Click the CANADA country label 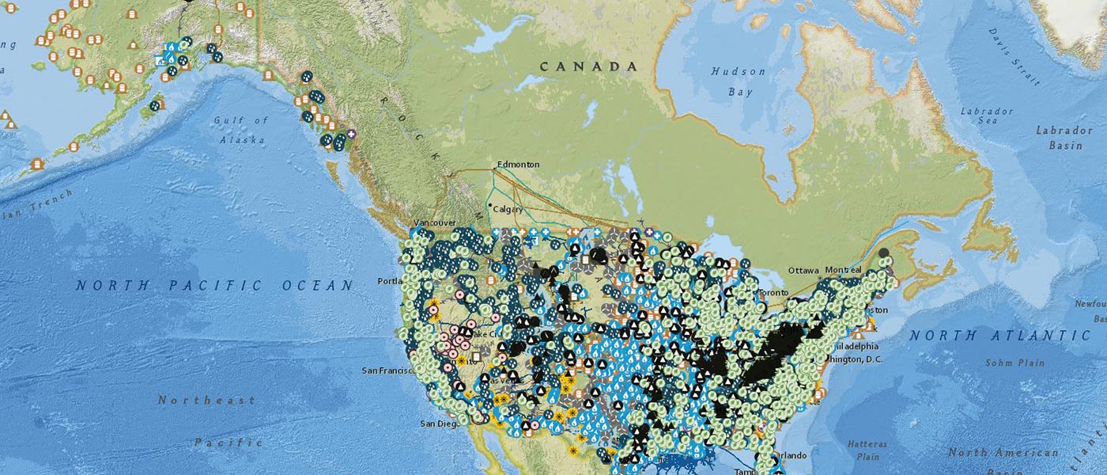coord(588,66)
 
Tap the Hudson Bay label coord(738,82)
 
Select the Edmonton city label coord(519,165)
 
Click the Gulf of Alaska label coord(241,130)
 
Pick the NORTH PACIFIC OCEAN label coord(214,286)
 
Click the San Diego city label coord(439,423)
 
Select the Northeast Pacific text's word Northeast coord(206,401)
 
